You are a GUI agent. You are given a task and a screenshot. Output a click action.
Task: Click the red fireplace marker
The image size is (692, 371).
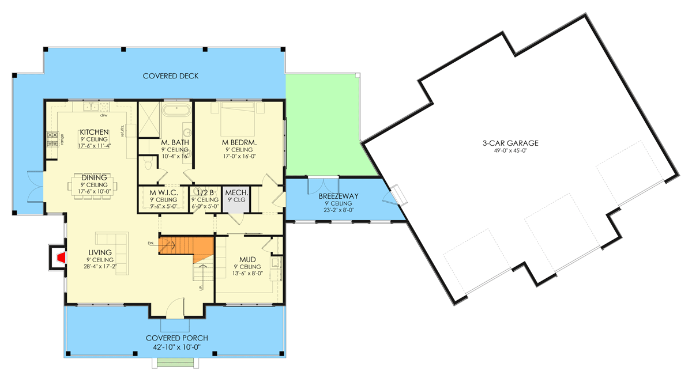click(x=62, y=258)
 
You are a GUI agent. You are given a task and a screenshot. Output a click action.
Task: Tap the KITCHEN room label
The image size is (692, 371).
click(x=94, y=132)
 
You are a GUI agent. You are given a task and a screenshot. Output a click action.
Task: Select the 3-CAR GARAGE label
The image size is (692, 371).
click(x=510, y=143)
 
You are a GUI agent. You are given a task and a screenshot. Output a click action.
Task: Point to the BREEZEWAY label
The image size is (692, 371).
click(x=339, y=196)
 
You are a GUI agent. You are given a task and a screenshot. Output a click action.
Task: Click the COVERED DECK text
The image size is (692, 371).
click(x=171, y=76)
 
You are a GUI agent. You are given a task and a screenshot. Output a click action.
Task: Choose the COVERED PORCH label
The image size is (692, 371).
click(x=176, y=338)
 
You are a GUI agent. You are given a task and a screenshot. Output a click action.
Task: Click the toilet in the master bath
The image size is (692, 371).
click(x=149, y=164)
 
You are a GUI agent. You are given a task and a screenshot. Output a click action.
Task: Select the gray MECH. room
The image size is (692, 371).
click(x=236, y=199)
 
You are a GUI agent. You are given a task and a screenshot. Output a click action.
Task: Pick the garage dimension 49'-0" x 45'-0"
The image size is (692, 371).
click(x=510, y=151)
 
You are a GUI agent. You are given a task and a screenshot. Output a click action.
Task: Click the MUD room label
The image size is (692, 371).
click(x=247, y=260)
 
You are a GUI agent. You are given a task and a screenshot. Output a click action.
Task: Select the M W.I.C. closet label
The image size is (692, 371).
click(x=164, y=193)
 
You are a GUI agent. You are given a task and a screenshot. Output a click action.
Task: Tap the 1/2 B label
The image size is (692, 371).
click(x=205, y=193)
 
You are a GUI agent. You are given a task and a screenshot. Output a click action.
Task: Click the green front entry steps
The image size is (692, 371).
click(x=175, y=363)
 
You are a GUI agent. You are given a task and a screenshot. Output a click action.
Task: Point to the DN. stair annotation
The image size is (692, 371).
click(x=151, y=243)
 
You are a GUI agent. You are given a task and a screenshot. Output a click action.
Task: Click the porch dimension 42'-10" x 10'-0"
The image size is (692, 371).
click(x=176, y=347)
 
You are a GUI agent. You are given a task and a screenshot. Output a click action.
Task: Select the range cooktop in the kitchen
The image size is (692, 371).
click(x=52, y=139)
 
